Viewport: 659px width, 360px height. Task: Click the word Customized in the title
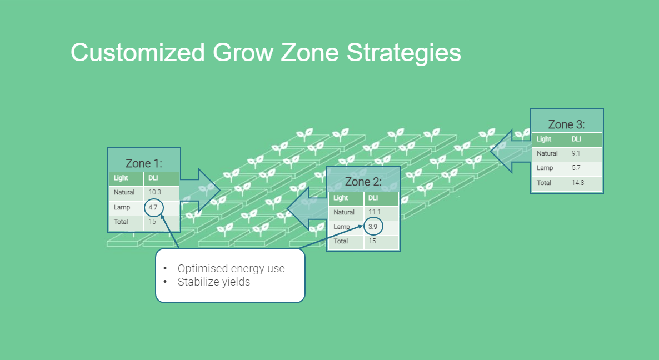[x=137, y=53]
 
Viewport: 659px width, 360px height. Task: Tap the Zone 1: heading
[x=143, y=163]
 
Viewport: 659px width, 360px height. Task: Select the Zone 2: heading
[x=363, y=182]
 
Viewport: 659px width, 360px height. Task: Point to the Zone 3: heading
[x=566, y=124]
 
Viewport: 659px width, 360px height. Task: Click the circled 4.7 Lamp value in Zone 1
[x=154, y=207]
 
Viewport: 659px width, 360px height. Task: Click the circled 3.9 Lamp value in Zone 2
[x=373, y=227]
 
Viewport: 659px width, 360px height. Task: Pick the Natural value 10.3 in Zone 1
[x=154, y=192]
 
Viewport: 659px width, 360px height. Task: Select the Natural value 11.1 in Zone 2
[x=375, y=212]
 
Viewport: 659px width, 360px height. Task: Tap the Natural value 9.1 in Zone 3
[x=576, y=153]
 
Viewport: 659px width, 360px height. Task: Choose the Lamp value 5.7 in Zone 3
[x=576, y=168]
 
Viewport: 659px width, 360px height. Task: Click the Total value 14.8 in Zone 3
[x=578, y=182]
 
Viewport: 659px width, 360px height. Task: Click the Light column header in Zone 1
[x=121, y=178]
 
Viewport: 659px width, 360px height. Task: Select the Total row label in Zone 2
[x=341, y=241]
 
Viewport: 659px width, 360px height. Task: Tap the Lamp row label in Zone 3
[x=545, y=168]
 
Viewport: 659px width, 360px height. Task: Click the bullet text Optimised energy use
[x=231, y=268]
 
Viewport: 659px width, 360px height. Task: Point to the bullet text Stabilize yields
[x=214, y=282]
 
